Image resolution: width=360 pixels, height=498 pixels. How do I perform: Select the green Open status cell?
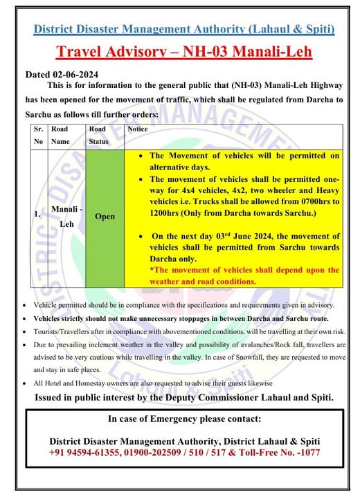[x=105, y=216]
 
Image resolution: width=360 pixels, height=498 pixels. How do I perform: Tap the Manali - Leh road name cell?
[x=63, y=215]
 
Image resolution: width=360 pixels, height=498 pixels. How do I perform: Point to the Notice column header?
[x=138, y=129]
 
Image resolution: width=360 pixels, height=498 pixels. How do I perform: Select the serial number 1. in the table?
[x=37, y=215]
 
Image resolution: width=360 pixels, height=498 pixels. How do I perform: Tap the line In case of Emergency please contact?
[x=184, y=419]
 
